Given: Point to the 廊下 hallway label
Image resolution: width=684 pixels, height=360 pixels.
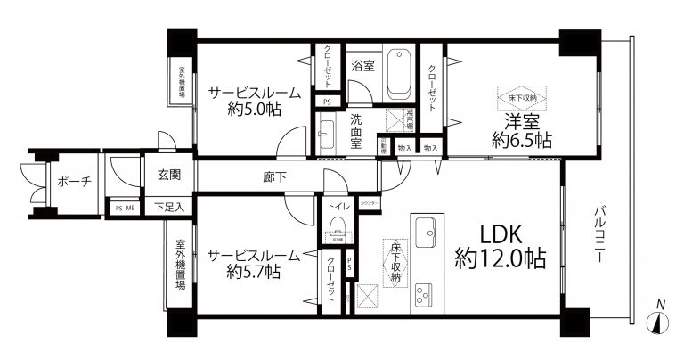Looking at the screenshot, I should tap(274, 177).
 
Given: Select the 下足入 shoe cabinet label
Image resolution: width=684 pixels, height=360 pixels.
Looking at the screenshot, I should tap(168, 208).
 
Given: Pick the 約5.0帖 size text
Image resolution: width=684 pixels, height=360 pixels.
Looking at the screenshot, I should tap(254, 110).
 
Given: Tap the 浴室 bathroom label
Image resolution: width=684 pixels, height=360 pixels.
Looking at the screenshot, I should tap(362, 65).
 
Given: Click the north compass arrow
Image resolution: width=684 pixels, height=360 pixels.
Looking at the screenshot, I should tap(659, 321).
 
